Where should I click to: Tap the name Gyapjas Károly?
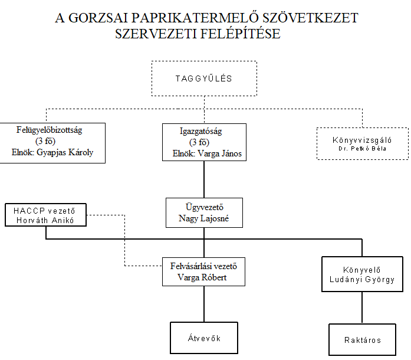coord(65,152)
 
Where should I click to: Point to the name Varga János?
coord(219,153)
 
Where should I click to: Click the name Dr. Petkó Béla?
coord(362,149)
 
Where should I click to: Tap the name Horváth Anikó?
coord(45,220)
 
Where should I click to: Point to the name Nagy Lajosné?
coord(203,218)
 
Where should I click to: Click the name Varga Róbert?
coord(202,277)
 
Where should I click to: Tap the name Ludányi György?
coord(362,280)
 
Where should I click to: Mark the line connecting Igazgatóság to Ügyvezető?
coord(204,179)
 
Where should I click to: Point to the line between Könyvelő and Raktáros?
coord(362,307)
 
